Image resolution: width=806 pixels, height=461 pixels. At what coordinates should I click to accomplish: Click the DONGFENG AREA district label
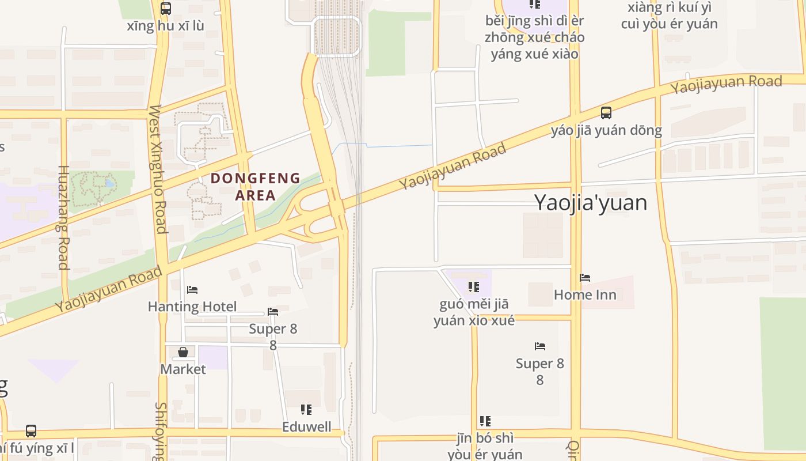256,186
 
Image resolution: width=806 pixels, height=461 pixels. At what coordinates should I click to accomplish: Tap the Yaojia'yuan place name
591,202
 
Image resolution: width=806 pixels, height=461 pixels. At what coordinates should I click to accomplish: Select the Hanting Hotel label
192,306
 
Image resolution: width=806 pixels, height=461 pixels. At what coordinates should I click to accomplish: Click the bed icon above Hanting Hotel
192,289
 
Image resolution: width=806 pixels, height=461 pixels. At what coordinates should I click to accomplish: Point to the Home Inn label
585,294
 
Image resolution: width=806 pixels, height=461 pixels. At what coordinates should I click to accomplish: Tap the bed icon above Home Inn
585,278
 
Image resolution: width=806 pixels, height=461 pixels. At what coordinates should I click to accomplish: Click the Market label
183,369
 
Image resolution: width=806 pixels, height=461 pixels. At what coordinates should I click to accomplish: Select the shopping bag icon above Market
183,352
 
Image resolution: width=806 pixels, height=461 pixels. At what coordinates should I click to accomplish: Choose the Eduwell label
306,426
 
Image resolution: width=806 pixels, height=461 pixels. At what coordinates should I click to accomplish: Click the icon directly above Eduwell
306,410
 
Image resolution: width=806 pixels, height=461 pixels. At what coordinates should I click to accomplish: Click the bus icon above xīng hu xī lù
166,9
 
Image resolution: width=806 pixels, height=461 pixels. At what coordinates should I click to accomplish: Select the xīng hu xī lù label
166,26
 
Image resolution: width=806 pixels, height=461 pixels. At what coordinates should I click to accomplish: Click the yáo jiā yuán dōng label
606,130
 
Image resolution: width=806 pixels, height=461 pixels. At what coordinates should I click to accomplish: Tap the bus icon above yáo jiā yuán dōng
606,112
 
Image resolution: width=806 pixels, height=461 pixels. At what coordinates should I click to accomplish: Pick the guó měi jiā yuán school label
474,312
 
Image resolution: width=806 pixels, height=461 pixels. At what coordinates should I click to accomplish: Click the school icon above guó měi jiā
474,287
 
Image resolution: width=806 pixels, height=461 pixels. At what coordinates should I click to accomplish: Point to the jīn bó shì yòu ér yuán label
485,446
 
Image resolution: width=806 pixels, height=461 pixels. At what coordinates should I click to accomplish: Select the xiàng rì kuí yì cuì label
670,16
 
